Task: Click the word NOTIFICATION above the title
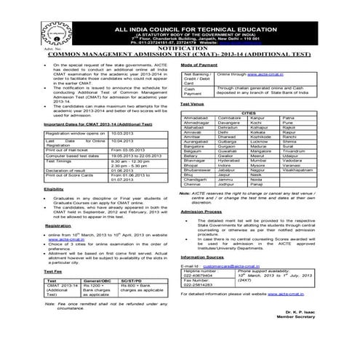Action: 180,47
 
